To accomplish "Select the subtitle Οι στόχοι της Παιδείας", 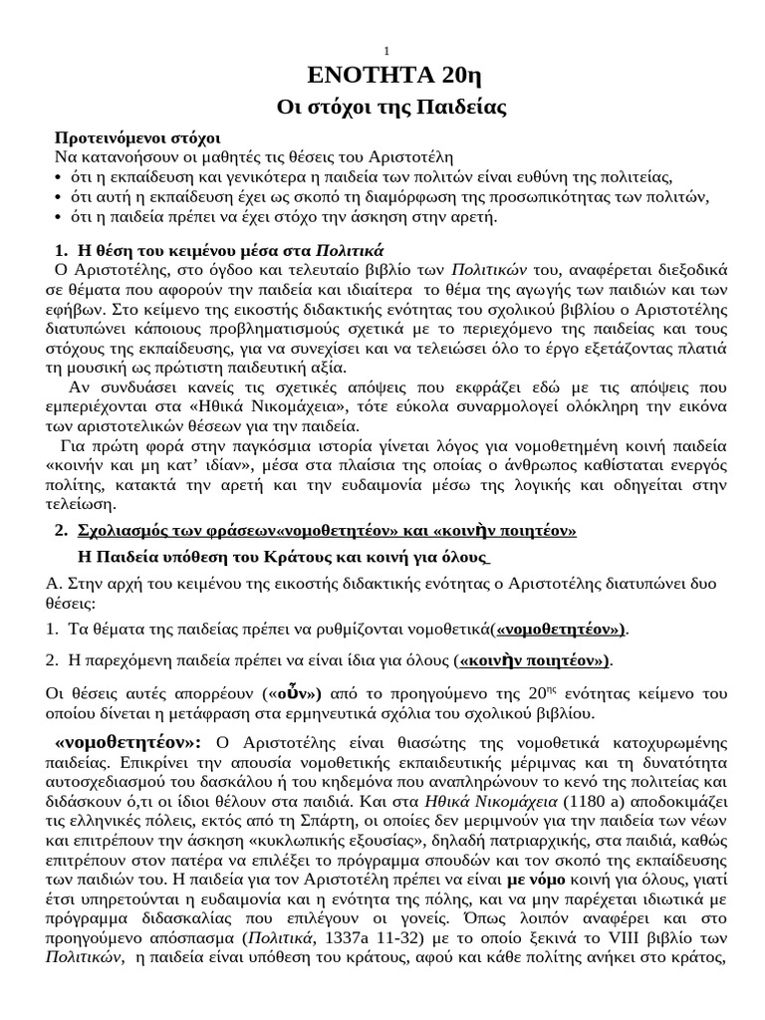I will (386, 109).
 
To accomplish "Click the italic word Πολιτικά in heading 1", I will (349, 248).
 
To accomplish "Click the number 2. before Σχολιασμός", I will (60, 530).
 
